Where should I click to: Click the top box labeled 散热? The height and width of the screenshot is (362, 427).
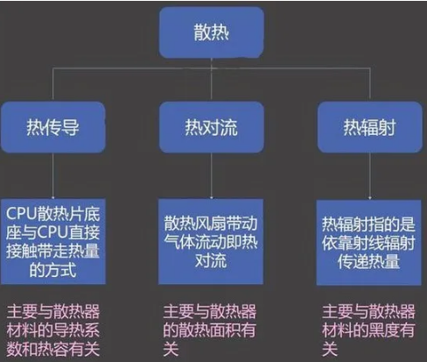coord(212,32)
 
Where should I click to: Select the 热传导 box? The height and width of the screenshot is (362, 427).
coord(52,127)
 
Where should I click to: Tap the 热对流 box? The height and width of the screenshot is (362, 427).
coord(212,127)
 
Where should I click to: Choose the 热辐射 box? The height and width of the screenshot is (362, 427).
coord(370,127)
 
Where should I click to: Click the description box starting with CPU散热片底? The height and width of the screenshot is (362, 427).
coord(52,242)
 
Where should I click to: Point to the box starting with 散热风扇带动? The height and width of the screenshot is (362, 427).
coord(211,242)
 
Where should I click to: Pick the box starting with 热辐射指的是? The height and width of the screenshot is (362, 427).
coord(368,242)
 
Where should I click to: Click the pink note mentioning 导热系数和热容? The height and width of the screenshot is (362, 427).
coord(53,330)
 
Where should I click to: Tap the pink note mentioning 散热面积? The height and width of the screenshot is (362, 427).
coord(209,330)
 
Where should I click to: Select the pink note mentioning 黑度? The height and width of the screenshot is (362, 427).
coord(368,330)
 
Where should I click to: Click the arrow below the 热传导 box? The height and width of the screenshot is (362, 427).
coord(52,176)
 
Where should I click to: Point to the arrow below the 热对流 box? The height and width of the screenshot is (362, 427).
coord(212,176)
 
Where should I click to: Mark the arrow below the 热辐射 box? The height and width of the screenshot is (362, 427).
coord(370,176)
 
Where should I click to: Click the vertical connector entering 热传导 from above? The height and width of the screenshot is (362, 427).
coord(52,85)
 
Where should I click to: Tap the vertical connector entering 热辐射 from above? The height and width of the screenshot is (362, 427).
coord(370,85)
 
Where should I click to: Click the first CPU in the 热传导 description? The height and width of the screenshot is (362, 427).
coord(21,214)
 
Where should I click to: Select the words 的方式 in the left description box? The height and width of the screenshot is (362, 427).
coord(52,270)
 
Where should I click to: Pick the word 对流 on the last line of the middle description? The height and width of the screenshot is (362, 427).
coord(211,260)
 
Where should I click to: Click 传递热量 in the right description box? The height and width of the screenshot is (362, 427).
coord(368,261)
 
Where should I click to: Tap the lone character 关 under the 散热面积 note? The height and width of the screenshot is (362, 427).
coord(171,349)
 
